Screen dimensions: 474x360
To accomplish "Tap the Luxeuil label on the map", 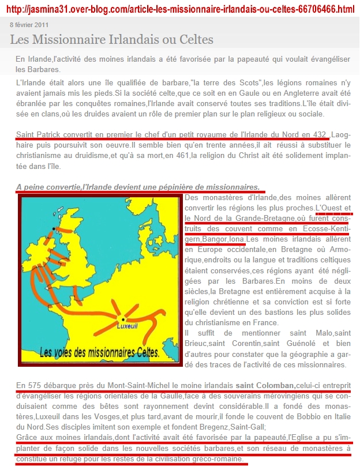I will click(126, 326).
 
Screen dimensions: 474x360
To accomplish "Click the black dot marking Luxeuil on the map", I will click(123, 318).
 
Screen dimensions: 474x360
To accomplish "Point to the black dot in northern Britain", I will click(54, 229).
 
